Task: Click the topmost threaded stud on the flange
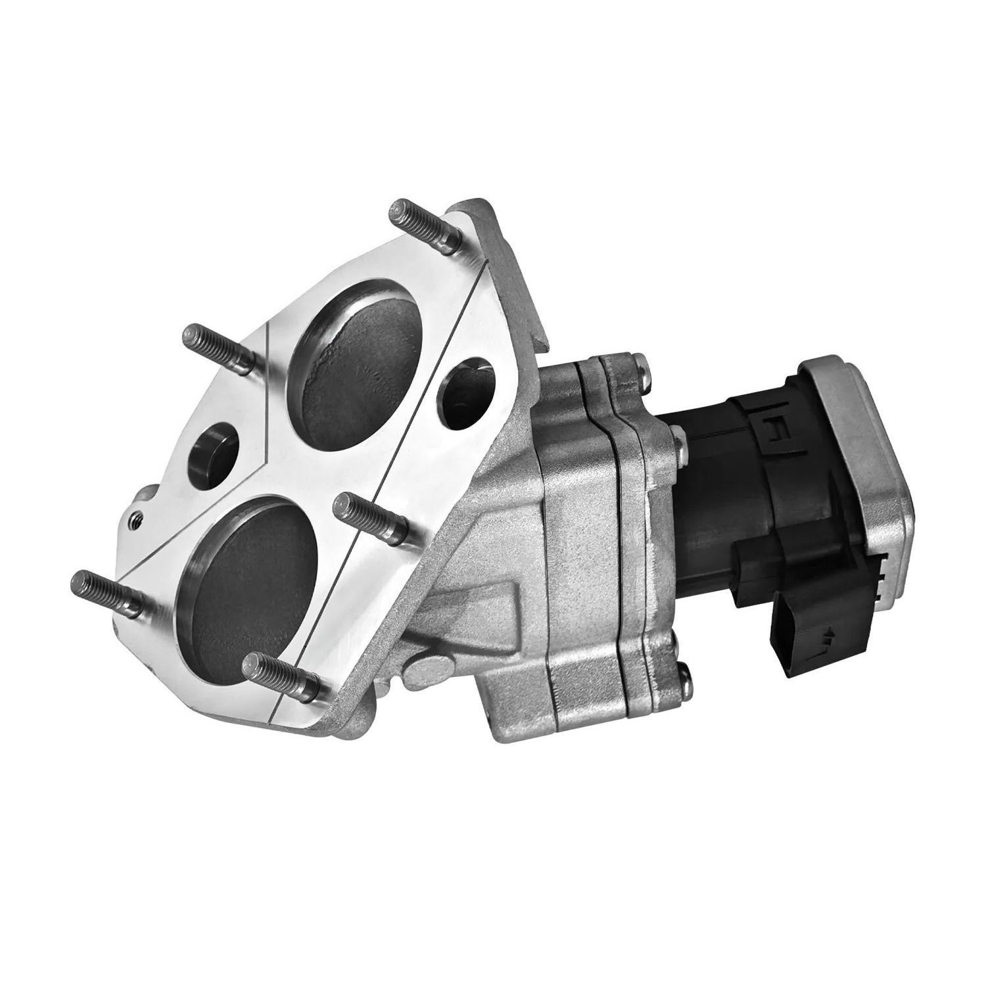click(x=421, y=224)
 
